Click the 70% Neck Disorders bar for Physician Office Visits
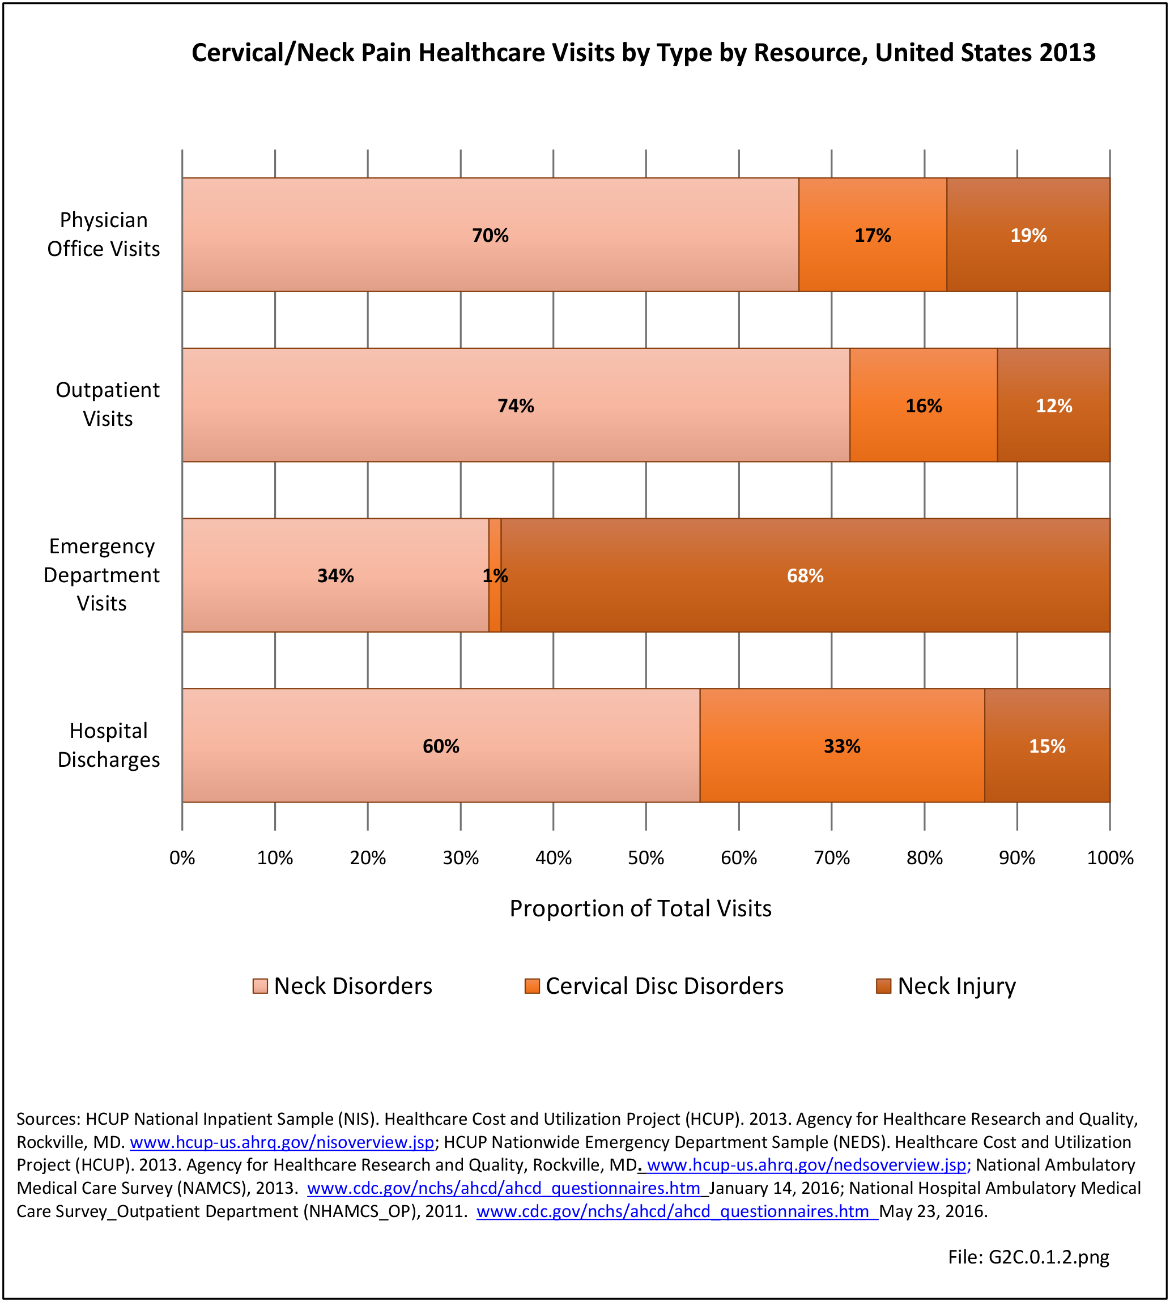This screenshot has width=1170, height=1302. pos(490,234)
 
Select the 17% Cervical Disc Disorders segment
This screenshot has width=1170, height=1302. pos(873,234)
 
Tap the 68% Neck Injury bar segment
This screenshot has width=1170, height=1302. pos(805,575)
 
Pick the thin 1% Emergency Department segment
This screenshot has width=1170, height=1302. pos(495,575)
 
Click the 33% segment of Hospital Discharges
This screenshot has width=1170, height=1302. pos(842,745)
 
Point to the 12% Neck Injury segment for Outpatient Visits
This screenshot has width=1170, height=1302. pos(1054,405)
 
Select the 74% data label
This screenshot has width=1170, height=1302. pos(516,405)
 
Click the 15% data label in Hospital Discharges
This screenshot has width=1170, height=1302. pos(1047,746)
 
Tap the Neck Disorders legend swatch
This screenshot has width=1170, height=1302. pos(259,986)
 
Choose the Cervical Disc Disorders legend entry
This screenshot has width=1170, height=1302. pos(654,986)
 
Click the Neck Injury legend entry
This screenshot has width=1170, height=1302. pos(946,986)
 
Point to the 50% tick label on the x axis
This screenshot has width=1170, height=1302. pos(646,858)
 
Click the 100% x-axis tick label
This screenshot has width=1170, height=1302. pos(1110,858)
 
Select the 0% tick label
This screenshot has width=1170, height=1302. pos(182,858)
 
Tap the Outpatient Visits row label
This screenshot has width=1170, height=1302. pos(107,404)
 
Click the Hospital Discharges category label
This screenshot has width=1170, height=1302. pos(109,745)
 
